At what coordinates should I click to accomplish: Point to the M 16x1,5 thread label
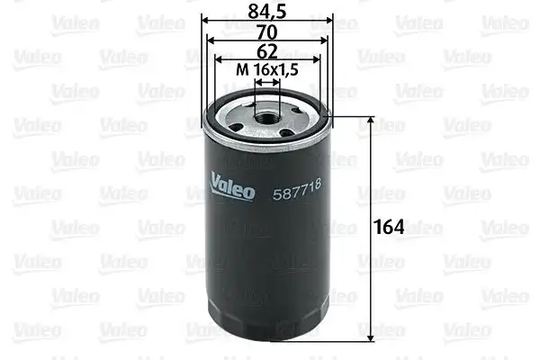pyautogui.click(x=267, y=68)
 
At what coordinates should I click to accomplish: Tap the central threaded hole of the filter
pyautogui.click(x=266, y=112)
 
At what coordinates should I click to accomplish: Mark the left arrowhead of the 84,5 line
pyautogui.click(x=203, y=19)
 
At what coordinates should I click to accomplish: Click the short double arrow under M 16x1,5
pyautogui.click(x=267, y=80)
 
